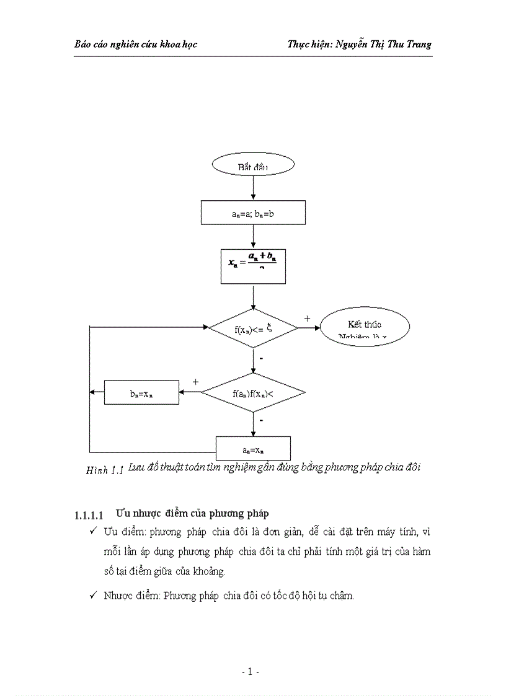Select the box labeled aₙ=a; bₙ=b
pos(253,213)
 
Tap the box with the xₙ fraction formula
pos(253,266)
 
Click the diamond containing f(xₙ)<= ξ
pos(253,328)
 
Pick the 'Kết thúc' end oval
pos(364,327)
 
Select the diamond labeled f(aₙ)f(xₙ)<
pos(253,392)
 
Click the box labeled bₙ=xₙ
pos(141,392)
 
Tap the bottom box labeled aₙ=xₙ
pos(253,448)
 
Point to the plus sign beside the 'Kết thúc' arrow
pos(307,318)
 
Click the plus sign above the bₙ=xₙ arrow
pos(196,382)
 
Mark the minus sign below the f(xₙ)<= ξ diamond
pos(261,358)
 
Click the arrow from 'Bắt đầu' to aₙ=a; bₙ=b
pos(253,188)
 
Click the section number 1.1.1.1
pos(90,514)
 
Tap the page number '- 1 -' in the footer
pos(250,672)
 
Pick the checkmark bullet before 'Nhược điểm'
pos(92,595)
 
